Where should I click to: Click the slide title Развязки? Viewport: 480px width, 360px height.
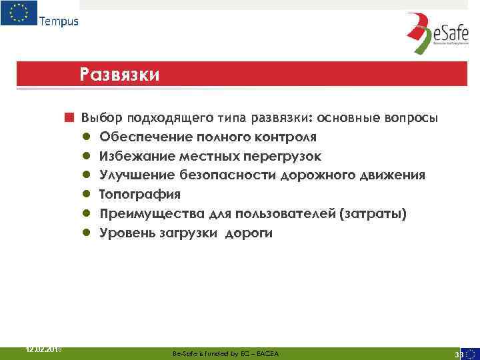119,73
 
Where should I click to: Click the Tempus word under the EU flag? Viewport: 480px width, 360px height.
59,21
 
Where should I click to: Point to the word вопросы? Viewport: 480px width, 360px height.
411,119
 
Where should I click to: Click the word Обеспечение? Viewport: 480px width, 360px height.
147,137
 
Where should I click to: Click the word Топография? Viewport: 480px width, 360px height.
140,195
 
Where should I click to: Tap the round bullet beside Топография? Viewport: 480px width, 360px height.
87,195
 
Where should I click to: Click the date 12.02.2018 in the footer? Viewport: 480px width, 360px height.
43,349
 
